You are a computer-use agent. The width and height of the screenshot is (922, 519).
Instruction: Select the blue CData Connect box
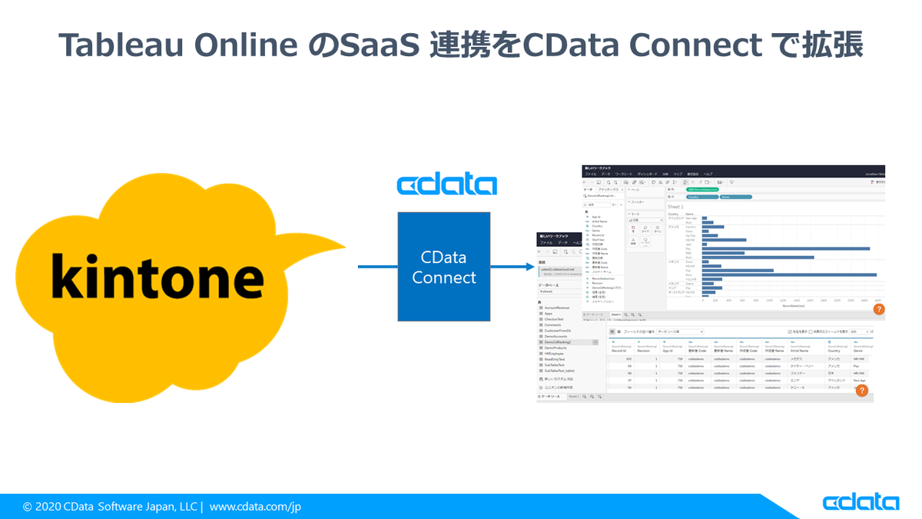pyautogui.click(x=443, y=267)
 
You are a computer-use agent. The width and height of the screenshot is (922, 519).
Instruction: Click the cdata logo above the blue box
pyautogui.click(x=446, y=185)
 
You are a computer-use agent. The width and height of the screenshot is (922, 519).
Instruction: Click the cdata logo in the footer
pyautogui.click(x=861, y=503)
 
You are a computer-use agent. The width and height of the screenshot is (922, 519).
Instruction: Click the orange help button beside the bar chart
pyautogui.click(x=879, y=309)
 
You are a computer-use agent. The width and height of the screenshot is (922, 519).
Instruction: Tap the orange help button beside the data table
pyautogui.click(x=862, y=391)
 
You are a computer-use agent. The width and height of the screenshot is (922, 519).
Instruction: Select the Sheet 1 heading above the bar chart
pyautogui.click(x=675, y=207)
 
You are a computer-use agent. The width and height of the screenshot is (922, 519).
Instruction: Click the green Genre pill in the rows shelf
pyautogui.click(x=734, y=197)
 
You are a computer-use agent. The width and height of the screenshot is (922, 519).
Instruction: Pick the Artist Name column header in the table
pyautogui.click(x=801, y=351)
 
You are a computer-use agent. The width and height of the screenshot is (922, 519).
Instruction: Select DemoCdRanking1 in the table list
pyautogui.click(x=562, y=342)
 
